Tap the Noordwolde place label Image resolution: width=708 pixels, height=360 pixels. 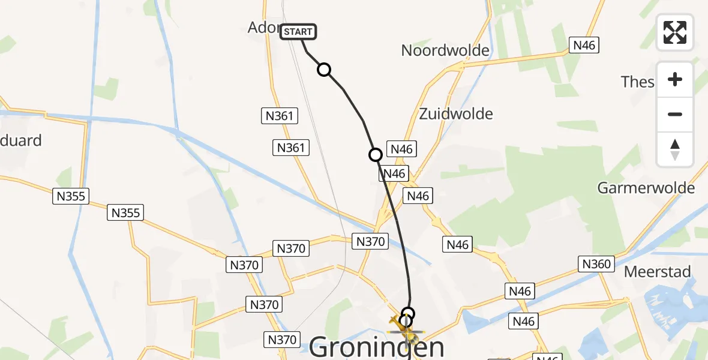(445, 50)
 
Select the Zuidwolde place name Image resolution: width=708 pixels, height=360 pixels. (456, 113)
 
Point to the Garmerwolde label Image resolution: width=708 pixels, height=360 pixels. (646, 188)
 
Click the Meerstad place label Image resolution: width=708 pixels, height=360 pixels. (658, 271)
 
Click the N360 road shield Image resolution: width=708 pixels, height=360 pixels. (596, 263)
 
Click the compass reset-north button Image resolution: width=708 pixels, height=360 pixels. (675, 149)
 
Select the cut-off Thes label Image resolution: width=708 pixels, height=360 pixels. (637, 82)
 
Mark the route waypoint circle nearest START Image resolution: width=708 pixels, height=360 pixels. (324, 70)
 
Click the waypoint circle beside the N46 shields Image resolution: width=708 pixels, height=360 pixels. (376, 155)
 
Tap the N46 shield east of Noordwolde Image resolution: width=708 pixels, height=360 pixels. (585, 45)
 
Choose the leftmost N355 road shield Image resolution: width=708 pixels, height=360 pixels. (71, 196)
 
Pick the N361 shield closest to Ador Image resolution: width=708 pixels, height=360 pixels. (280, 116)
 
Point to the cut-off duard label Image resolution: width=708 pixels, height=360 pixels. (21, 140)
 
